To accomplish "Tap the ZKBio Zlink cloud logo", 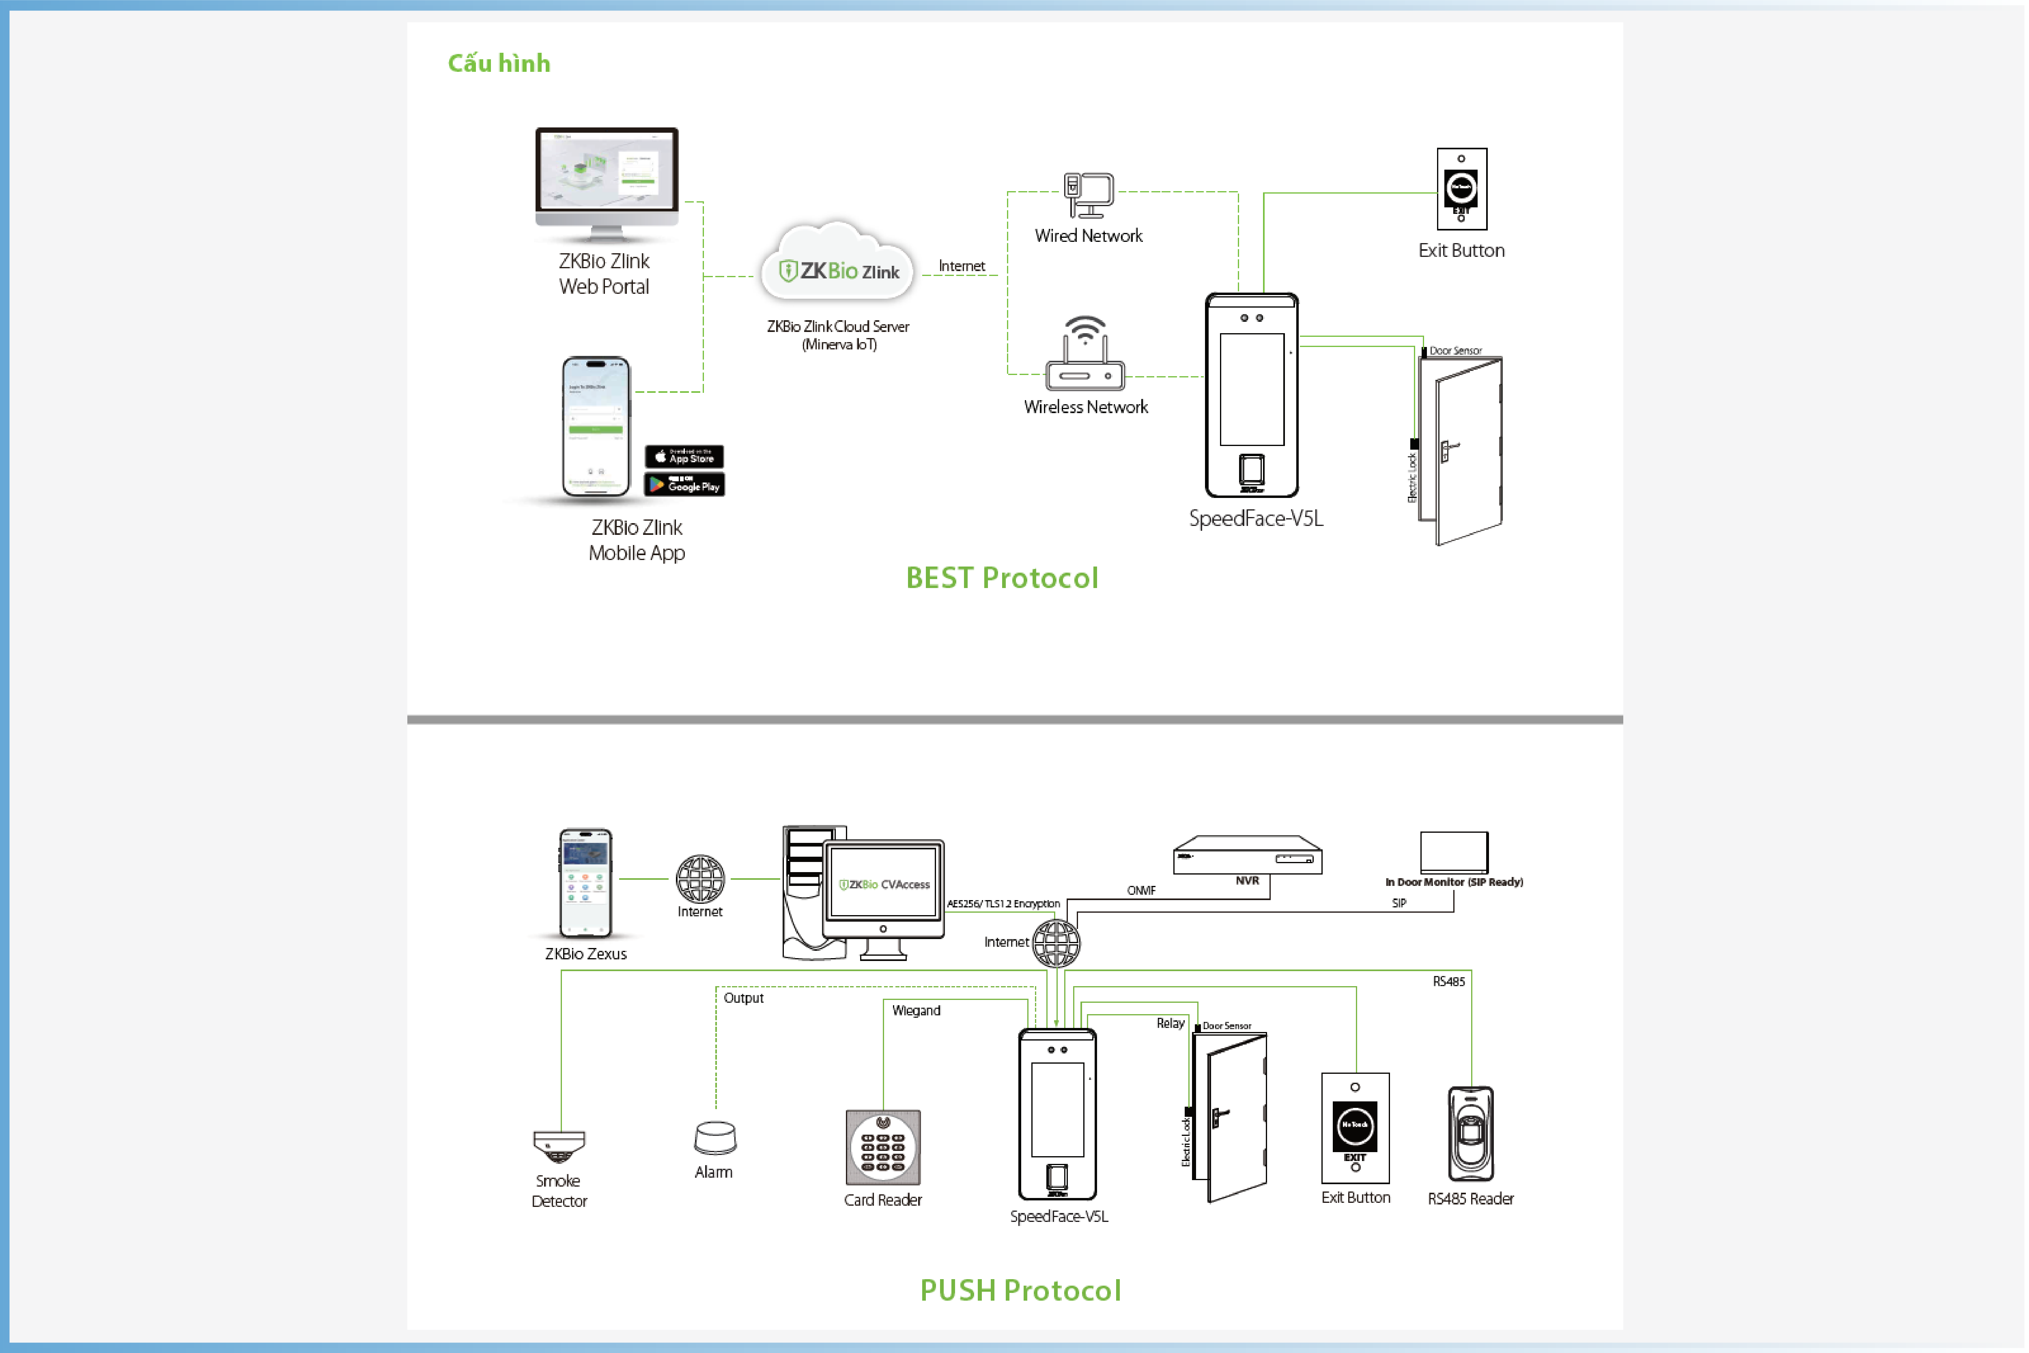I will click(839, 271).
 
